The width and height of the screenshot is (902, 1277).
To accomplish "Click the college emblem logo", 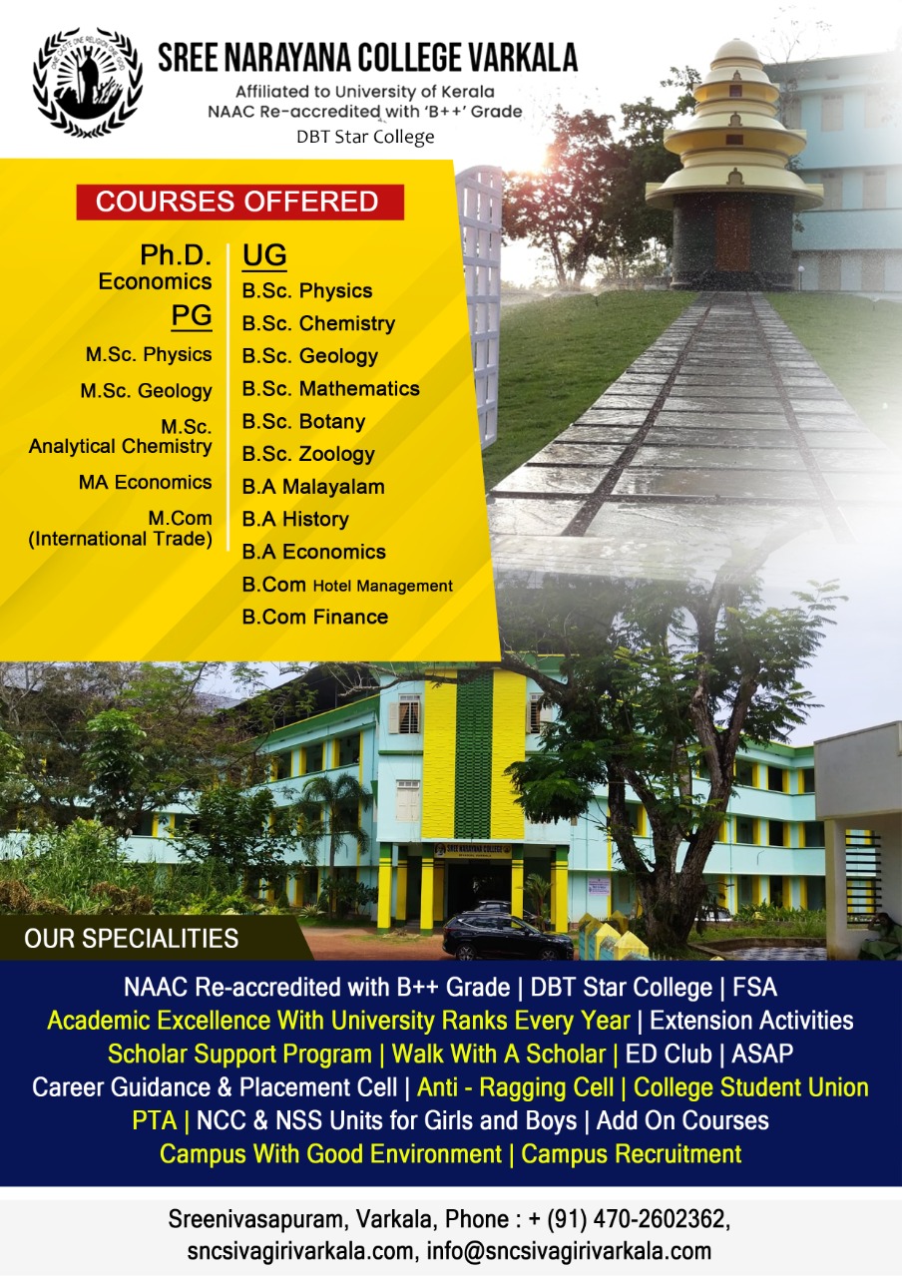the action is tap(87, 83).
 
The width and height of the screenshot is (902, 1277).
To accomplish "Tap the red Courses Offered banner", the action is tap(240, 202).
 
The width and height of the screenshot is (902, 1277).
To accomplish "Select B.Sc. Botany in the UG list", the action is tap(303, 422).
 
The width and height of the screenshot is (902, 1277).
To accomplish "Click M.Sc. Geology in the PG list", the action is tap(146, 391).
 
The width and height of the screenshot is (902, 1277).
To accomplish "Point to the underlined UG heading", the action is tap(264, 255).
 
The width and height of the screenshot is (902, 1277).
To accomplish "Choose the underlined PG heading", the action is tap(192, 316).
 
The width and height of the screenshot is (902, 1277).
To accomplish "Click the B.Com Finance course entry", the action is tap(314, 617).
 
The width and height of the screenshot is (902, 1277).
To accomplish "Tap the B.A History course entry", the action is tap(295, 520).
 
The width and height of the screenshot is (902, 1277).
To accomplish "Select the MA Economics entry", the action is tap(146, 482).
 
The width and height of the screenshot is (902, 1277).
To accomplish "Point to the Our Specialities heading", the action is tap(131, 939).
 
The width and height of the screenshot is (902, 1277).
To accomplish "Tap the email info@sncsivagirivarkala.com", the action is tap(569, 1251).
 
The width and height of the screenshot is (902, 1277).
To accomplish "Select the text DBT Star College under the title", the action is tap(365, 137).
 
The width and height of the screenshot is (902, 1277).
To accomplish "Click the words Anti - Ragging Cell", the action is tap(516, 1087).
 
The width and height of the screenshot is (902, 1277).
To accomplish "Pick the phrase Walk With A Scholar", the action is tap(498, 1054).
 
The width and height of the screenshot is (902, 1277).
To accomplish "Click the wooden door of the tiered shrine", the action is tap(732, 237).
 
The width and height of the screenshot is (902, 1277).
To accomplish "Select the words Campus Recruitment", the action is tap(632, 1153).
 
